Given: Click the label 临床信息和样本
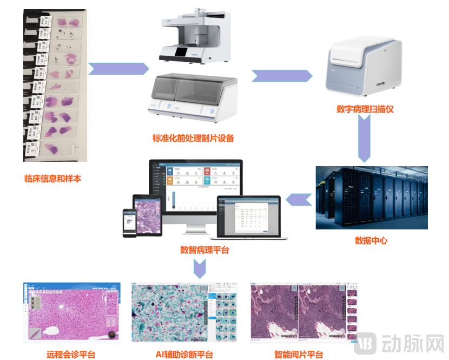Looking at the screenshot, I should pyautogui.click(x=52, y=178).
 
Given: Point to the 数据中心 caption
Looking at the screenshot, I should pyautogui.click(x=371, y=240).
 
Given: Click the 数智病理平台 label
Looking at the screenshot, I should pyautogui.click(x=204, y=250).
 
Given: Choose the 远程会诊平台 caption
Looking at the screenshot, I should pyautogui.click(x=71, y=355).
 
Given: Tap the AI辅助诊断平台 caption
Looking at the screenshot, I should pyautogui.click(x=183, y=355).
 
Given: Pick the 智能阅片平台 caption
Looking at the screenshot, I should pyautogui.click(x=299, y=355).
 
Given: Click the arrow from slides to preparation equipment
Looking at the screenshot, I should pyautogui.click(x=118, y=69).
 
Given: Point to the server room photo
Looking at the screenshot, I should pyautogui.click(x=372, y=198).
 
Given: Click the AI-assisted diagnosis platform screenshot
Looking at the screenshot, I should pyautogui.click(x=184, y=312).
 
